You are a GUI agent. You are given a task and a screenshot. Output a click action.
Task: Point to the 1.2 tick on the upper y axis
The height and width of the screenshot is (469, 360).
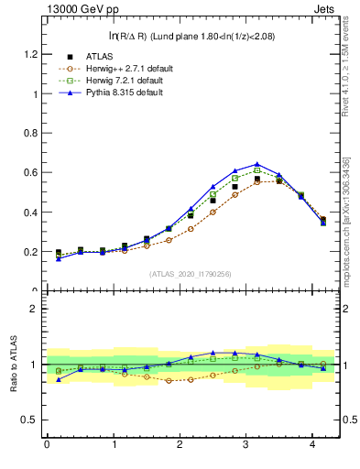point(31,54)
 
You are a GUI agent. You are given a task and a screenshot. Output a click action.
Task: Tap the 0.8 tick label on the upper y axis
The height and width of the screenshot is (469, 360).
point(31,133)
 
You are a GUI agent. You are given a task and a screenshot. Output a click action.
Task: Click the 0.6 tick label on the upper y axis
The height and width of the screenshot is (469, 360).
point(31,172)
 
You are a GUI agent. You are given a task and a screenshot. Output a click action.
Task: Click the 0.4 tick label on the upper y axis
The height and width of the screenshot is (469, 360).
point(31,213)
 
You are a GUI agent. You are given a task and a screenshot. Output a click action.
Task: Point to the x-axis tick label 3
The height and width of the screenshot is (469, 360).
point(246,444)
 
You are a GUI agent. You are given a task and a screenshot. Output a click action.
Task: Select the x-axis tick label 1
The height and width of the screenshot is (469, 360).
point(113,444)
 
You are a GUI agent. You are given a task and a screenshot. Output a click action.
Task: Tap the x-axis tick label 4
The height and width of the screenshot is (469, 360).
point(312,444)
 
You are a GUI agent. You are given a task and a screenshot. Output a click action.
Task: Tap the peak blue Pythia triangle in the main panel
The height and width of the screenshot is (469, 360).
point(257,164)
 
